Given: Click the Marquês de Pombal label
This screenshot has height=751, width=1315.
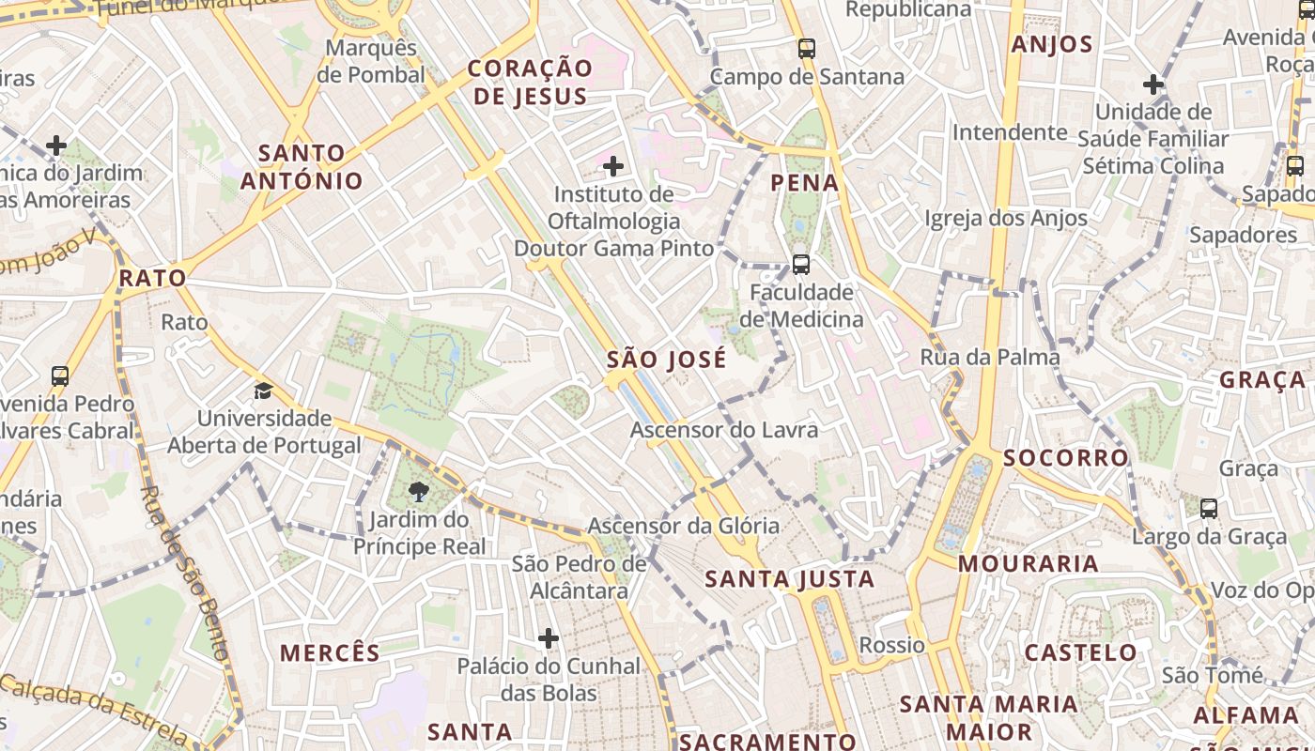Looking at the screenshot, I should click(x=371, y=61).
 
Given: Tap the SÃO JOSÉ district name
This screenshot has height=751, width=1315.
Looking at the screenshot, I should click(x=667, y=360).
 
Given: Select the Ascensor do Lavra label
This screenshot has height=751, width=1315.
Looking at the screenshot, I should click(x=724, y=431).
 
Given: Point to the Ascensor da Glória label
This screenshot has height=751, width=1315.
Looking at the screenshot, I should click(x=683, y=526).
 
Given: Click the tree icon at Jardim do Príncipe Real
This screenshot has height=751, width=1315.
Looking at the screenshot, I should click(x=419, y=490).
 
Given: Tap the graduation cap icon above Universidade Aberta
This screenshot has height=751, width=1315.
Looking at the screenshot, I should click(x=263, y=391).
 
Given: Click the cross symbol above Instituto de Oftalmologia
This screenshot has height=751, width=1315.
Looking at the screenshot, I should click(x=613, y=167).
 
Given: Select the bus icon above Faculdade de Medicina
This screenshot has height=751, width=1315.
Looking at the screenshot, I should click(x=801, y=265).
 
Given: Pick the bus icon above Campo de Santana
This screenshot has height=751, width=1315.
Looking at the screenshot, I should click(x=807, y=49).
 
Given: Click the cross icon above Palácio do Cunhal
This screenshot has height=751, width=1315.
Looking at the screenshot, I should click(x=549, y=639).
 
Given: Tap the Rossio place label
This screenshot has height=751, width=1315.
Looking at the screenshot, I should click(x=892, y=645).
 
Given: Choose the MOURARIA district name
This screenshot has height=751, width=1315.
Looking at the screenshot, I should click(x=1029, y=563).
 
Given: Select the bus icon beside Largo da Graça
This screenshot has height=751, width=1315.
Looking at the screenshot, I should click(x=1209, y=509).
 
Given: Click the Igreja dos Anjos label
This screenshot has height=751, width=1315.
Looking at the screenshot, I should click(x=1006, y=219).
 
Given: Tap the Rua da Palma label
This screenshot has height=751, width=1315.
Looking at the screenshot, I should click(x=990, y=358).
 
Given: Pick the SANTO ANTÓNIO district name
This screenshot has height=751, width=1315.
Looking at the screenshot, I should click(x=302, y=167).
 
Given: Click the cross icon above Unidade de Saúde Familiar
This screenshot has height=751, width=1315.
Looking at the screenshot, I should click(x=1153, y=84).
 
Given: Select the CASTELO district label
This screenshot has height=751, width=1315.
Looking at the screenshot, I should click(x=1080, y=652).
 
